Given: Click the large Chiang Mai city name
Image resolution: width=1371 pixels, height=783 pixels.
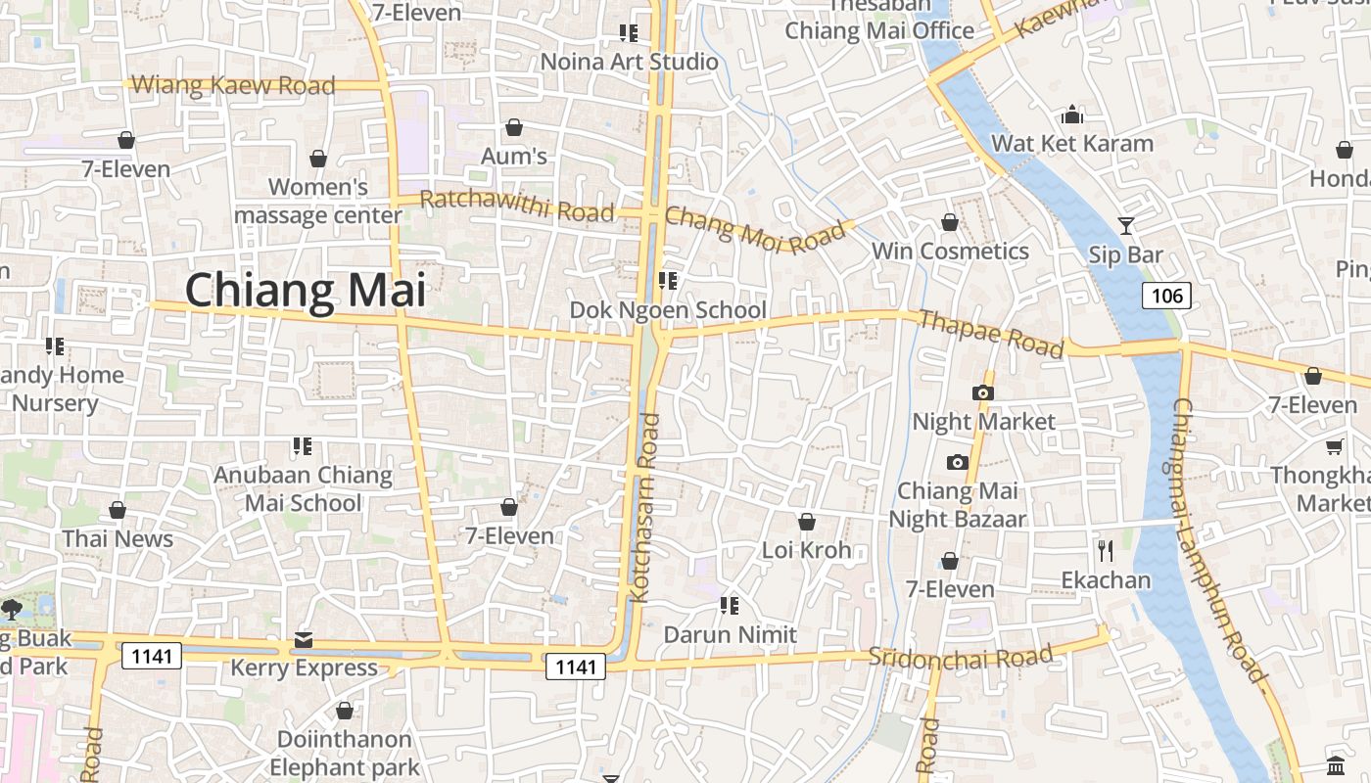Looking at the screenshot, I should pyautogui.click(x=306, y=292).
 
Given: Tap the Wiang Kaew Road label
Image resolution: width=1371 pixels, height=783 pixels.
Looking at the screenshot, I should pyautogui.click(x=233, y=85).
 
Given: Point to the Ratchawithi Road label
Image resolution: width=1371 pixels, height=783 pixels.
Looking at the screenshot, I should pyautogui.click(x=517, y=206).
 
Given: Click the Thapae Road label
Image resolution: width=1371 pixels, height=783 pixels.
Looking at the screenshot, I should pyautogui.click(x=991, y=334).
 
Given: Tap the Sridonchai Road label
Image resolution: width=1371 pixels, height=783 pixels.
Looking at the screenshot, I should pyautogui.click(x=961, y=656).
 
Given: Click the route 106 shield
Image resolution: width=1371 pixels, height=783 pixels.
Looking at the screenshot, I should pyautogui.click(x=1166, y=296).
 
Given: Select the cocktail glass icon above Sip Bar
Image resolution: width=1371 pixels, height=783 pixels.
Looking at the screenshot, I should pyautogui.click(x=1126, y=226).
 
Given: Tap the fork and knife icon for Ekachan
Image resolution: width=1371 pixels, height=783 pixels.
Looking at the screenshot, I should pyautogui.click(x=1106, y=551).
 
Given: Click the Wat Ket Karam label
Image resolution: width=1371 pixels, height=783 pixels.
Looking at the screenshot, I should pyautogui.click(x=1072, y=144).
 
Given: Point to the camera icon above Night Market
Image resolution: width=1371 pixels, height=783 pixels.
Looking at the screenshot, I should pyautogui.click(x=983, y=393).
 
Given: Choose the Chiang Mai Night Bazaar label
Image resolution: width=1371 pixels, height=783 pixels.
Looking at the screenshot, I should pyautogui.click(x=957, y=504).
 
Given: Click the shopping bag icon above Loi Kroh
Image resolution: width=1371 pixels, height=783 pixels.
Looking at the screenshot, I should pyautogui.click(x=807, y=522).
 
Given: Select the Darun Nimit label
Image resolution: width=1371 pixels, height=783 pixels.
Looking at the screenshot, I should pyautogui.click(x=730, y=634).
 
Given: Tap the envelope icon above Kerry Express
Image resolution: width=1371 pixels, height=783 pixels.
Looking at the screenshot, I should pyautogui.click(x=304, y=640).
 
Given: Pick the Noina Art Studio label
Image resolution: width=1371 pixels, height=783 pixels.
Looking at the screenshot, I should pyautogui.click(x=630, y=62).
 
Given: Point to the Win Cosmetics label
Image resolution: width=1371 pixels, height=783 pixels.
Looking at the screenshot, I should pyautogui.click(x=950, y=252).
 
